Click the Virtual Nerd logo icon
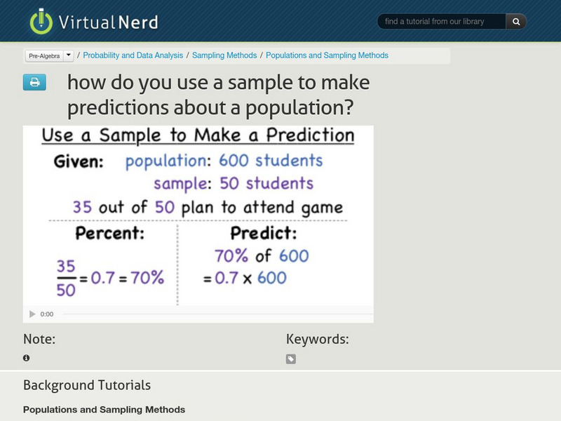tap(41, 22)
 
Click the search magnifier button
tap(516, 22)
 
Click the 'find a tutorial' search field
tap(442, 22)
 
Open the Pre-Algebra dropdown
tap(68, 55)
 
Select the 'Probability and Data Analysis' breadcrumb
tap(133, 55)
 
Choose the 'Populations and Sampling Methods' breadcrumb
tap(327, 55)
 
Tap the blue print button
tap(34, 83)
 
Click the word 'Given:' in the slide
tap(79, 162)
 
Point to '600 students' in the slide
tap(271, 161)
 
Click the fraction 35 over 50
tap(65, 279)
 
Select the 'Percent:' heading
tap(110, 232)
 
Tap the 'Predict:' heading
tap(264, 232)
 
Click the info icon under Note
tap(27, 358)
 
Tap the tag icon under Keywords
tap(291, 359)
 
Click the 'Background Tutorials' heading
tap(87, 385)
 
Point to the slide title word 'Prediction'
tap(304, 135)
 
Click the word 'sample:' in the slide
tap(182, 184)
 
